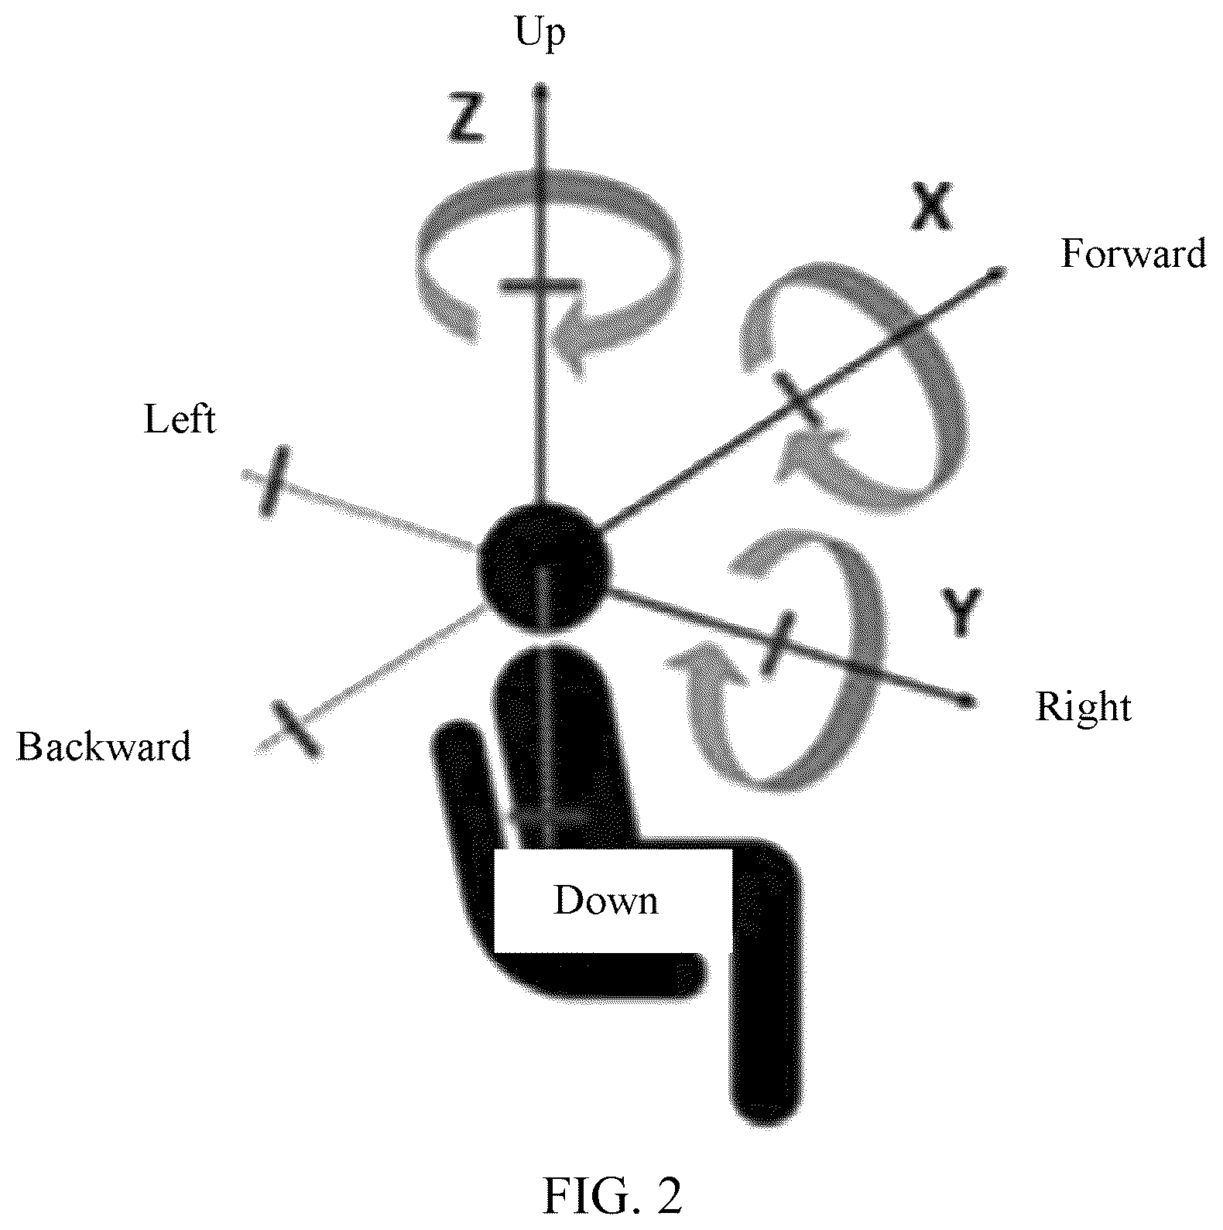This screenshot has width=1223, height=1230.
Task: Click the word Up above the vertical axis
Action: coord(540,35)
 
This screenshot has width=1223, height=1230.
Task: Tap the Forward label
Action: coord(1133,253)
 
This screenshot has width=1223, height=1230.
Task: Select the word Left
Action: coord(180,420)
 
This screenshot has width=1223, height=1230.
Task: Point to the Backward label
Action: coord(104,747)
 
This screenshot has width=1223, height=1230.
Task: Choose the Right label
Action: coord(1084,707)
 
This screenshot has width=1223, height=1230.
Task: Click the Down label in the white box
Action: coord(605,900)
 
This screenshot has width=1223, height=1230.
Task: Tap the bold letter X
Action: coord(931,207)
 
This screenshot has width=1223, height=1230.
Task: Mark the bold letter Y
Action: coord(961,612)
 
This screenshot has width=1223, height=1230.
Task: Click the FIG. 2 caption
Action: coord(612,1194)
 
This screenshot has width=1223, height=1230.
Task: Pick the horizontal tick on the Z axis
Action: coord(540,287)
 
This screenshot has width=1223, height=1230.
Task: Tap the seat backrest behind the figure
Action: coord(464,805)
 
